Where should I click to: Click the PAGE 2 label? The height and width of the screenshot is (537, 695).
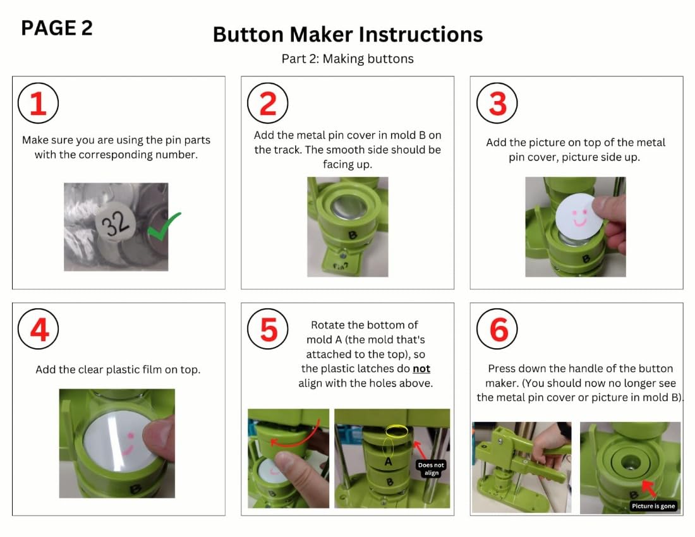[57, 28]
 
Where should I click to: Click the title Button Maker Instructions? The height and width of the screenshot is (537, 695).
[347, 34]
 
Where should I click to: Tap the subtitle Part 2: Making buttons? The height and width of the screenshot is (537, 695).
[347, 59]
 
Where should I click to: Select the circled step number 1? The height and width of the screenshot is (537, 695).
[38, 103]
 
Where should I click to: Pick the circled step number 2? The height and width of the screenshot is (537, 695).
[267, 103]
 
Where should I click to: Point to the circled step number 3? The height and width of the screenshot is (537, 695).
[497, 103]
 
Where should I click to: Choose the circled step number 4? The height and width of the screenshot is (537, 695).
[38, 329]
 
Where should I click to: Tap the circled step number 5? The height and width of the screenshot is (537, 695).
[267, 329]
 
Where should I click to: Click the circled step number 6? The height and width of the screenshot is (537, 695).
[497, 329]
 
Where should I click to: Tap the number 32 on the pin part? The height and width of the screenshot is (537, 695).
[116, 222]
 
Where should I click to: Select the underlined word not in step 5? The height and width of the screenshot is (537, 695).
[421, 368]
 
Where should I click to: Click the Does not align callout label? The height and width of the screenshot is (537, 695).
[431, 469]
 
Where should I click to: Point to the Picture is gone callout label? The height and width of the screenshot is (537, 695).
[653, 506]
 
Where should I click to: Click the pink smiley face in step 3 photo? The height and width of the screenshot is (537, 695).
[579, 217]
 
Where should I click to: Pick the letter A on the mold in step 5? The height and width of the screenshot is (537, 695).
[389, 461]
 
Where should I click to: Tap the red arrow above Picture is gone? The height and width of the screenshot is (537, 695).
[650, 489]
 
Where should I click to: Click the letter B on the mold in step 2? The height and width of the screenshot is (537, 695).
[353, 235]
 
